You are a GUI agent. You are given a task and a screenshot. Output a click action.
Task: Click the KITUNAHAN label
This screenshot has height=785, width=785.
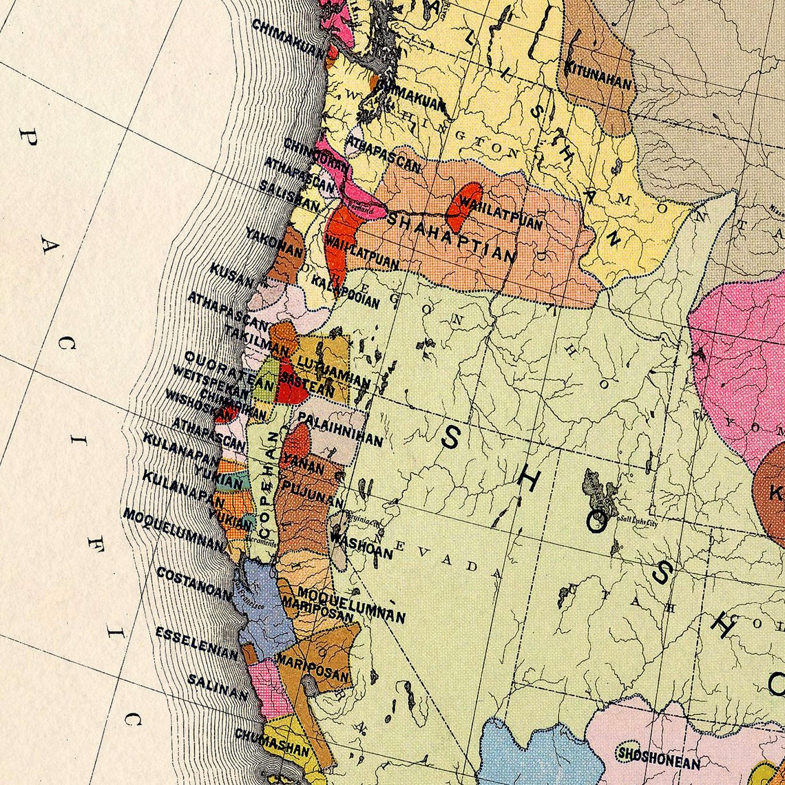[x=598, y=75]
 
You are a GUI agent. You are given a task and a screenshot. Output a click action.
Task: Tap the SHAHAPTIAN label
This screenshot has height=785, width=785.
[x=451, y=238]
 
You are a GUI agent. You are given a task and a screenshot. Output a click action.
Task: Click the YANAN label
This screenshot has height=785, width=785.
[x=304, y=465]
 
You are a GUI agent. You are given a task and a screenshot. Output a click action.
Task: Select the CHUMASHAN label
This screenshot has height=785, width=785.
[x=272, y=742]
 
